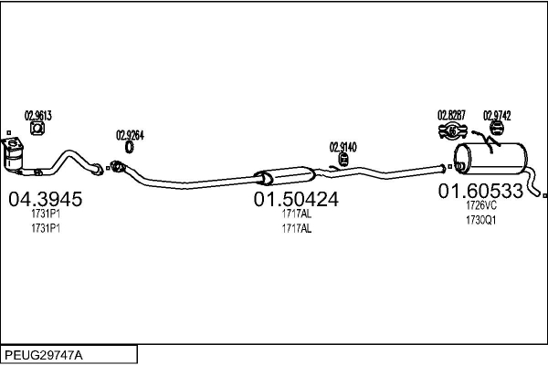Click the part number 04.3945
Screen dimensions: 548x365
tap(45, 199)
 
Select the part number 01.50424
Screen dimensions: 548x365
tap(296, 199)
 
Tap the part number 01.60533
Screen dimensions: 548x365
tap(480, 191)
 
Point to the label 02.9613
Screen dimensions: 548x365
tap(38, 115)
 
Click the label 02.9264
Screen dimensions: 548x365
tap(130, 135)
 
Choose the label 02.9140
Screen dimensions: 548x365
tap(342, 146)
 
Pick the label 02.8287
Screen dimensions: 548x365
tap(451, 115)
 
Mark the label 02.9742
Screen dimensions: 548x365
tap(497, 115)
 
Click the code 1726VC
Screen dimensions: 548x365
tap(480, 206)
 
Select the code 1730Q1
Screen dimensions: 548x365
tap(480, 221)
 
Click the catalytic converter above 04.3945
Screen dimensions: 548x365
tap(16, 156)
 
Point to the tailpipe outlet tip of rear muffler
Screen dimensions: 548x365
tap(543, 193)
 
